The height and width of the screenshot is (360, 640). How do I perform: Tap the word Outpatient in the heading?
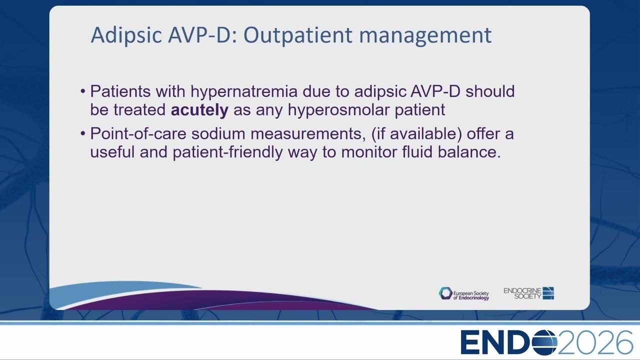pyautogui.click(x=297, y=35)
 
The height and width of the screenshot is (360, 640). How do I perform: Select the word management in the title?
pyautogui.click(x=425, y=35)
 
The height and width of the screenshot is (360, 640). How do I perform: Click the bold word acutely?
pyautogui.click(x=199, y=110)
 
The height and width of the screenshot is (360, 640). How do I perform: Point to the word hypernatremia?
pyautogui.click(x=244, y=92)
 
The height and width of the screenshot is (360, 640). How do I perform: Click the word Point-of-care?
pyautogui.click(x=138, y=134)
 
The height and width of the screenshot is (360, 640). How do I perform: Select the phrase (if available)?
pyautogui.click(x=416, y=134)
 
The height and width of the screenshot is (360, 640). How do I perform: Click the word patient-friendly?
pyautogui.click(x=227, y=152)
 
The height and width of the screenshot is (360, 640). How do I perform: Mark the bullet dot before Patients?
pyautogui.click(x=83, y=91)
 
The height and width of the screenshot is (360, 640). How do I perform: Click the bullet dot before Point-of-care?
pyautogui.click(x=83, y=133)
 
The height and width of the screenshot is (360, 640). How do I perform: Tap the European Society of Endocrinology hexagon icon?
pyautogui.click(x=445, y=293)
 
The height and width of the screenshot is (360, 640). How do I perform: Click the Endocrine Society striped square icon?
pyautogui.click(x=548, y=293)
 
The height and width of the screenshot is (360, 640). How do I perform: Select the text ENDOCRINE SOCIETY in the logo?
pyautogui.click(x=522, y=293)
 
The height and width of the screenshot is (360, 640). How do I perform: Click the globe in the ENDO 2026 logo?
pyautogui.click(x=545, y=342)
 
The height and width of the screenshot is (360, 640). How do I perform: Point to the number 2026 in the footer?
pyautogui.click(x=595, y=342)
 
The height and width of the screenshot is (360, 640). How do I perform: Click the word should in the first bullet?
pyautogui.click(x=490, y=91)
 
